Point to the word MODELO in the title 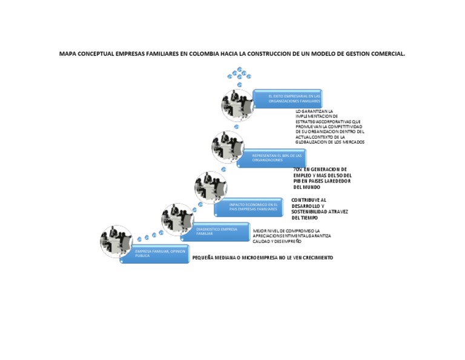click(324, 54)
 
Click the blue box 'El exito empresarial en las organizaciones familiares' click(288, 99)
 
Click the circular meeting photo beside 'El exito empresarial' click(237, 104)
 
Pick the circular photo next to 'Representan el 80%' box click(227, 147)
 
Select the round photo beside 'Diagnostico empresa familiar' click(177, 219)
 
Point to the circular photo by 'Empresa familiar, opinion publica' click(116, 240)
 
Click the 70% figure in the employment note click(297, 169)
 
